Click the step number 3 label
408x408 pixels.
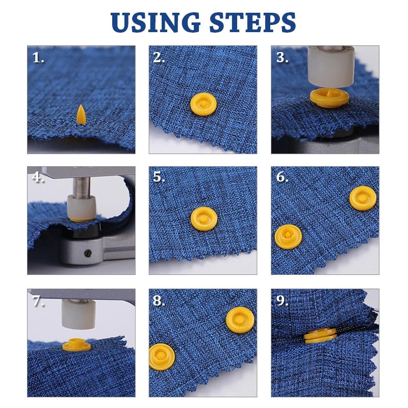(x=282, y=58)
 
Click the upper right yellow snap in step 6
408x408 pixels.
(x=363, y=198)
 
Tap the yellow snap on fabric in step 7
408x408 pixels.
(x=76, y=347)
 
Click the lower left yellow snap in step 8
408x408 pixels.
(x=162, y=355)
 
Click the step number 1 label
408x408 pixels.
(x=38, y=58)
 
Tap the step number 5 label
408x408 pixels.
(x=160, y=177)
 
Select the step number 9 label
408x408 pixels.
(x=282, y=301)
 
